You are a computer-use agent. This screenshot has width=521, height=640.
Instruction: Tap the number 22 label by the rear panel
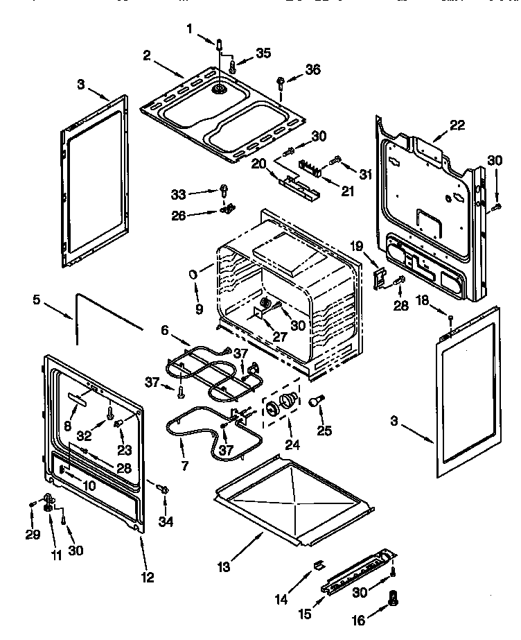[x=457, y=126]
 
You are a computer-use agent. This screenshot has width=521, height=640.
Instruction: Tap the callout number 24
[x=294, y=444]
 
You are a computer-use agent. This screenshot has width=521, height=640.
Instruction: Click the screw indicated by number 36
[x=281, y=83]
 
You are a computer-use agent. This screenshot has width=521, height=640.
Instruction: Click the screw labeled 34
[x=165, y=490]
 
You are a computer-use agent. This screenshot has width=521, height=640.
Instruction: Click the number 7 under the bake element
[x=184, y=466]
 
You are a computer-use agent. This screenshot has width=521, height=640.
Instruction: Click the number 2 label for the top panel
[x=147, y=55]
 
